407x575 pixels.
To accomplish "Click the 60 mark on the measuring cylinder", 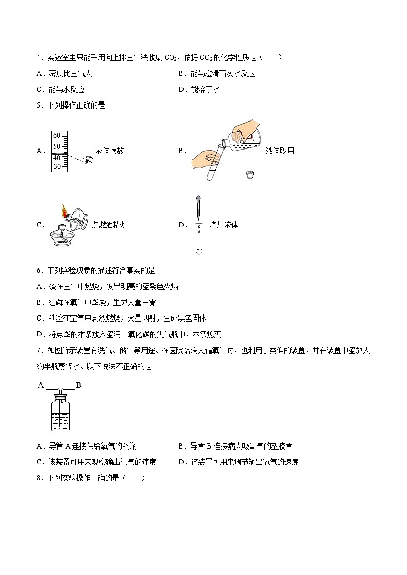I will tap(57, 136).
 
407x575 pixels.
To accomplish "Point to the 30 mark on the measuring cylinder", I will tap(57, 166).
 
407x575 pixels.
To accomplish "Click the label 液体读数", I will tap(109, 151).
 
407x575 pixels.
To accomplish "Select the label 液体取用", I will tap(280, 151).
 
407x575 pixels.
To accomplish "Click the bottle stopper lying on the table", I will tap(250, 174).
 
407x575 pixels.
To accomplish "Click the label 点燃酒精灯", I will tap(109, 225).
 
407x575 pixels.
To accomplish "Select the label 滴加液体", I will tap(223, 225).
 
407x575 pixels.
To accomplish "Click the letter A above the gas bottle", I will tap(40, 385).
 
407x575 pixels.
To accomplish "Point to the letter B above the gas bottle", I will tap(78, 385).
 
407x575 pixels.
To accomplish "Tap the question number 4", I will tap(39, 58).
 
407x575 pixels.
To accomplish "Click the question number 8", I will tap(39, 478).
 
